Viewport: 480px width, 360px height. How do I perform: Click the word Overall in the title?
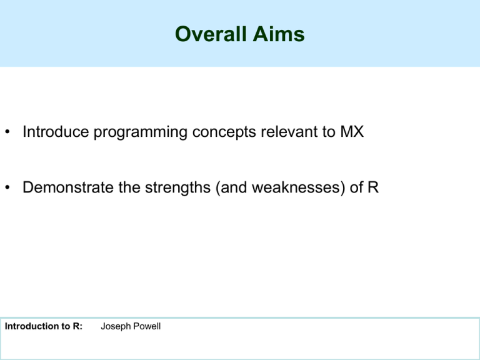click(211, 34)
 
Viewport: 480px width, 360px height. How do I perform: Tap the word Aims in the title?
click(279, 34)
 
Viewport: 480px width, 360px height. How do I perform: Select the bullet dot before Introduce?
click(7, 132)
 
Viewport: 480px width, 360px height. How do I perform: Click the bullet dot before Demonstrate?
click(7, 187)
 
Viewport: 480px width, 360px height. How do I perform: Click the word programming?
click(141, 133)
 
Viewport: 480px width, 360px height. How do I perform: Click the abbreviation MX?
click(352, 132)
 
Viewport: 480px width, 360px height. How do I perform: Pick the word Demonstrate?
click(68, 187)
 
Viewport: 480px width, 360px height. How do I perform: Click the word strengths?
click(177, 189)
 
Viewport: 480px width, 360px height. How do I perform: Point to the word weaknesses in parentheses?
click(296, 187)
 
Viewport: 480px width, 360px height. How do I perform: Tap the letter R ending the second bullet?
click(373, 187)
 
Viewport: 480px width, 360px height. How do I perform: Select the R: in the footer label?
click(77, 326)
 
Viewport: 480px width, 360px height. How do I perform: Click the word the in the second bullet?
click(129, 187)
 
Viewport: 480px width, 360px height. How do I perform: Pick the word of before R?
click(356, 187)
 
